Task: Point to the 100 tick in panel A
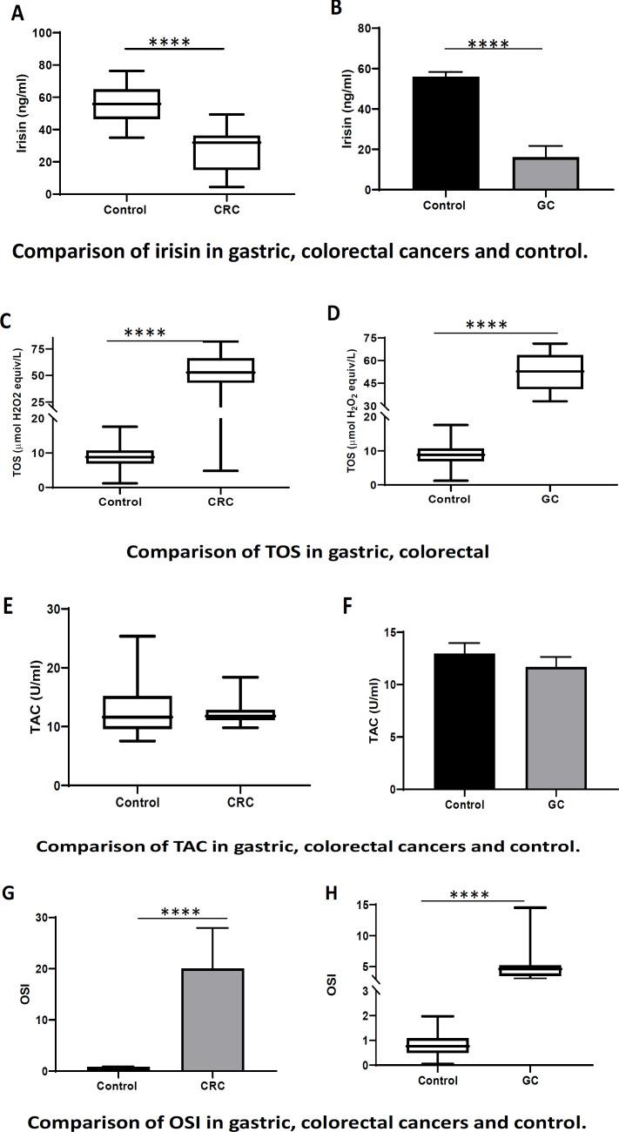(44, 33)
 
